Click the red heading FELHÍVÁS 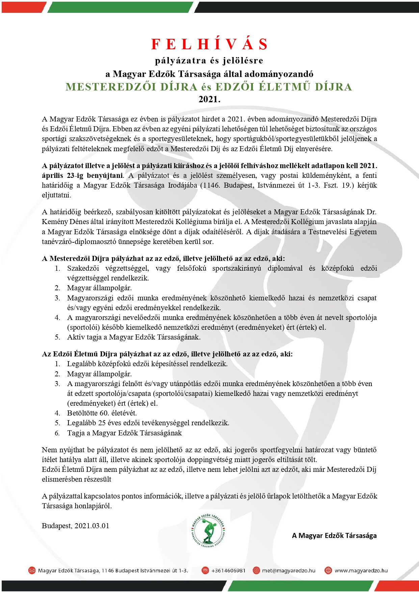coord(209,44)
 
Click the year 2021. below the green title coord(209,100)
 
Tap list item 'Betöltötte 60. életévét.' coord(102,413)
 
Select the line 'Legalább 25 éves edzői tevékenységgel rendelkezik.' coord(148,423)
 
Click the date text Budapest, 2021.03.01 coord(76,526)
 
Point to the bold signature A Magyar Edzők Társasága coord(334,536)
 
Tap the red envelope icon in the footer coord(32,570)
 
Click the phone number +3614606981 coord(228,570)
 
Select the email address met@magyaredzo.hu coord(289,570)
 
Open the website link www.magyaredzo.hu coord(361,570)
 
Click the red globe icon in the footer coord(328,570)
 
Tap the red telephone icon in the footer coord(205,570)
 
